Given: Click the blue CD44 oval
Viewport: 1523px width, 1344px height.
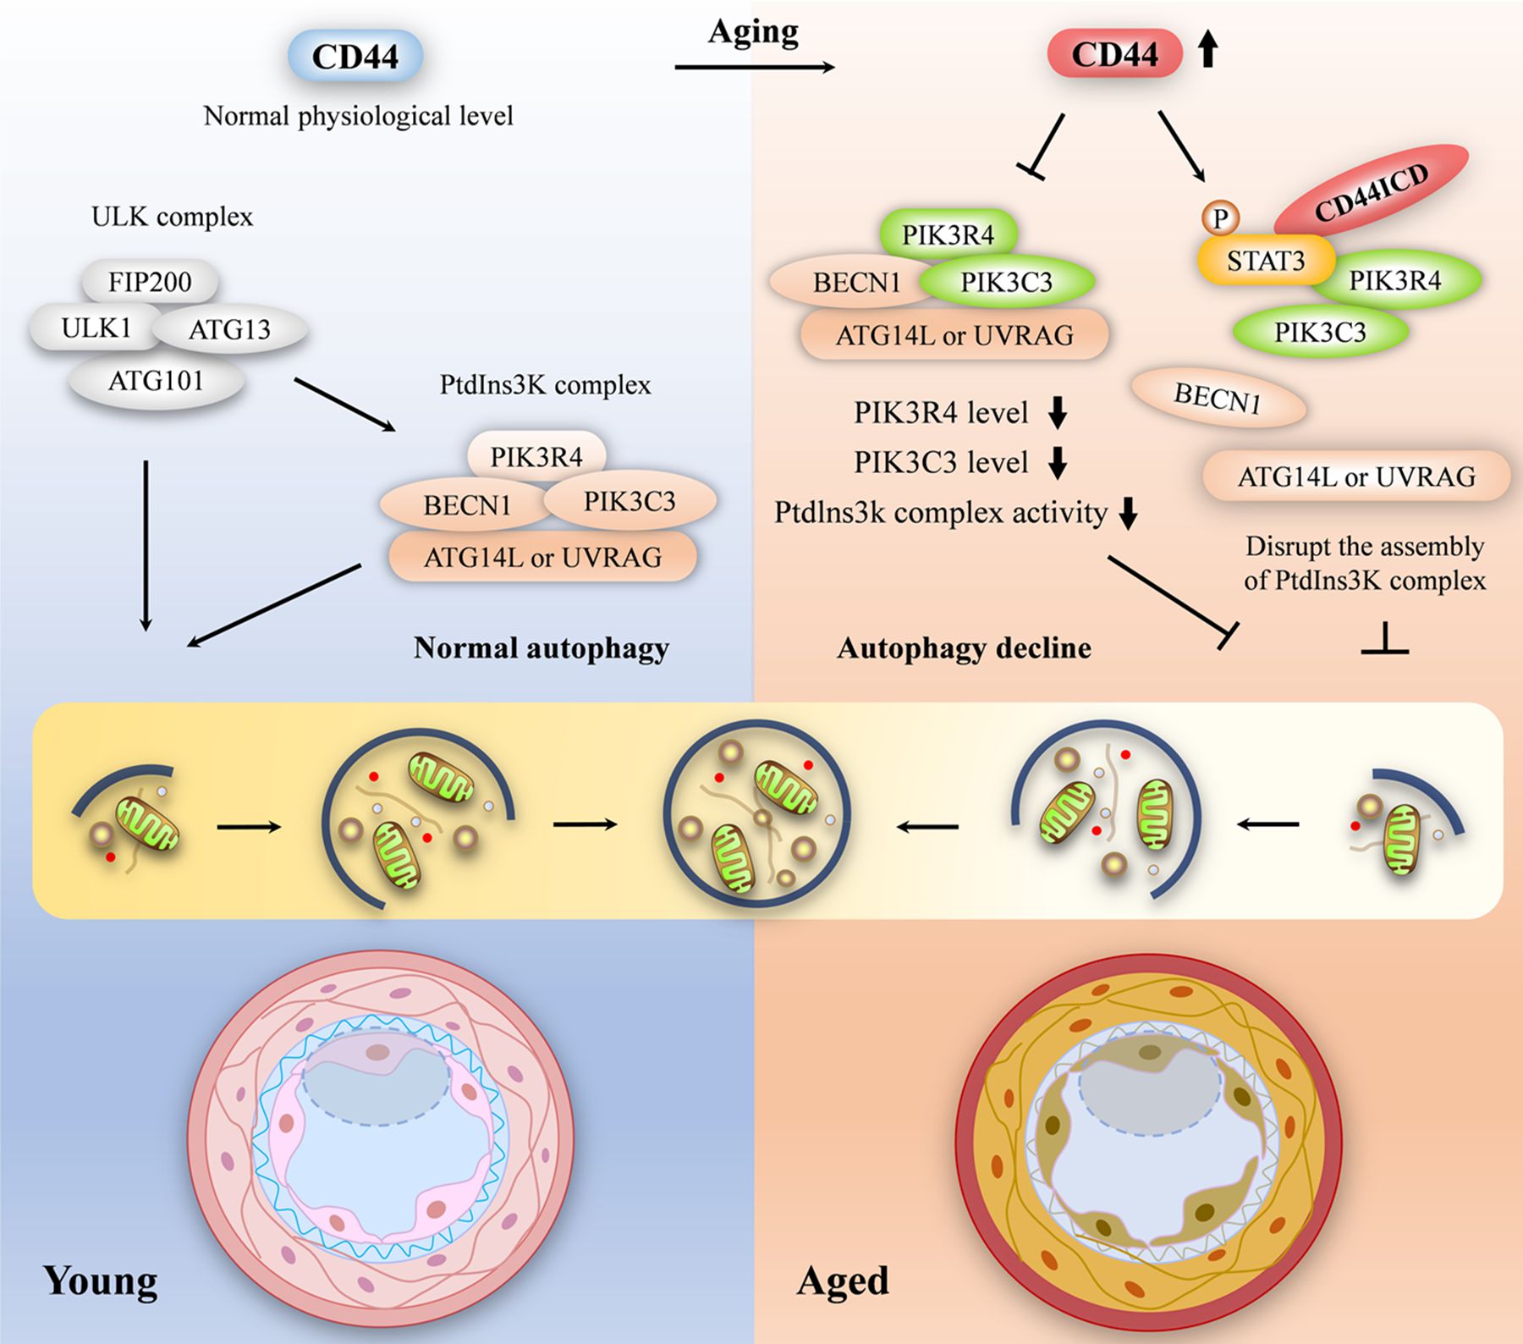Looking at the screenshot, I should pyautogui.click(x=355, y=57).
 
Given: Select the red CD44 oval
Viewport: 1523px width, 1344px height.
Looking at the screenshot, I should pyautogui.click(x=1114, y=53).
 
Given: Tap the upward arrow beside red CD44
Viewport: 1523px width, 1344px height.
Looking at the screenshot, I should pyautogui.click(x=1208, y=49).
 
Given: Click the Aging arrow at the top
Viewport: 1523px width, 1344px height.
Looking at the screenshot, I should pyautogui.click(x=754, y=67).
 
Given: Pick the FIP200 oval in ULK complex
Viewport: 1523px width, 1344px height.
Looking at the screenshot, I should pyautogui.click(x=150, y=281).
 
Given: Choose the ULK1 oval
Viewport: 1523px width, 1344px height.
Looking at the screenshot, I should pyautogui.click(x=95, y=328).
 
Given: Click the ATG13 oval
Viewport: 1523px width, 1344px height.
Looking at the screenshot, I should pyautogui.click(x=230, y=329).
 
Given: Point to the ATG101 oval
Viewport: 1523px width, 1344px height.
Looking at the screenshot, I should pyautogui.click(x=156, y=381).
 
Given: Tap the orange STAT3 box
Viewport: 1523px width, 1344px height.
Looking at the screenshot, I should pyautogui.click(x=1265, y=261).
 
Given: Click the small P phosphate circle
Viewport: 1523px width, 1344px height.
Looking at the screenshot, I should pyautogui.click(x=1220, y=218).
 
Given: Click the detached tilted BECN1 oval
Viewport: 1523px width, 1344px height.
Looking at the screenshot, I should pyautogui.click(x=1218, y=397).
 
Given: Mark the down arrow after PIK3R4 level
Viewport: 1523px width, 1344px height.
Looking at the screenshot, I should pyautogui.click(x=1058, y=412).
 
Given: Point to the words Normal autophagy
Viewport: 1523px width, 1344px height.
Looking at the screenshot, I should pyautogui.click(x=542, y=648).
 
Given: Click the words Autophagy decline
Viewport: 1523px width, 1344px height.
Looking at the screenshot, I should pyautogui.click(x=964, y=648).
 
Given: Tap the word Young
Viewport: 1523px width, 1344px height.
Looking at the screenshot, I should pyautogui.click(x=100, y=1281).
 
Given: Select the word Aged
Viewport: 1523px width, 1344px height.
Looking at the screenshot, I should pyautogui.click(x=843, y=1281).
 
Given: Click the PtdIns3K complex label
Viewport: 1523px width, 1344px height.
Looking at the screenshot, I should pyautogui.click(x=545, y=385).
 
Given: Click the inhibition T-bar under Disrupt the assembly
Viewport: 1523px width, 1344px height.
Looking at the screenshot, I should pyautogui.click(x=1385, y=641).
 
